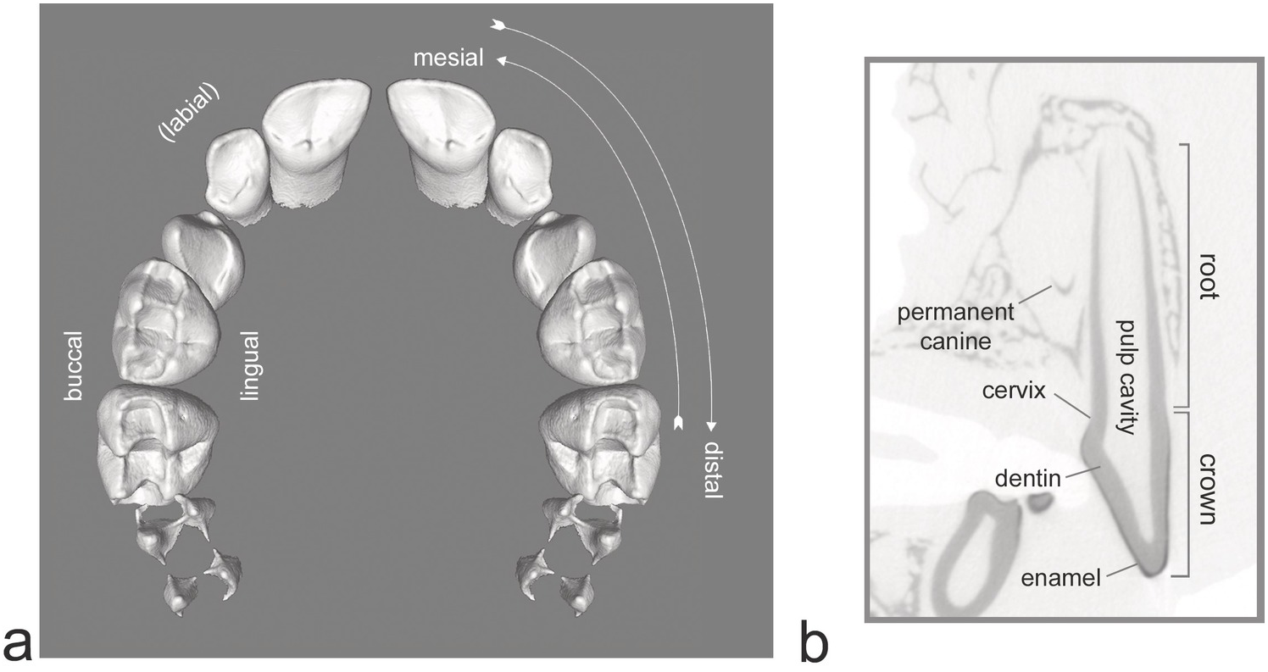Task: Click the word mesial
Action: point(448,58)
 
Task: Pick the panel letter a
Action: point(18,642)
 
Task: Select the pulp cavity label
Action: point(1126,376)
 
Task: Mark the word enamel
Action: point(1060,579)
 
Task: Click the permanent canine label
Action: point(955,326)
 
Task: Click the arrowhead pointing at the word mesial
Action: point(501,60)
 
